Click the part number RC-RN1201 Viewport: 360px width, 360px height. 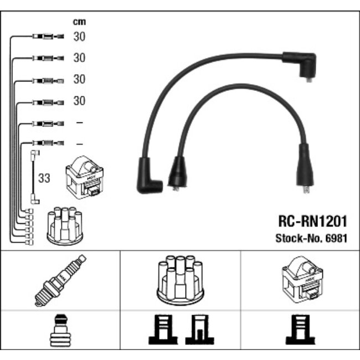tap(312, 221)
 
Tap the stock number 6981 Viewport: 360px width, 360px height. tap(336, 239)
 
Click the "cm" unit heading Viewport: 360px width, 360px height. tap(79, 22)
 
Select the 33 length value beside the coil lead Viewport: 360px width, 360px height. tap(44, 178)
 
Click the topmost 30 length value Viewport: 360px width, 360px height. tap(79, 37)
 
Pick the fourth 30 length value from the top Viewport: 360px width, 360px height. tap(79, 101)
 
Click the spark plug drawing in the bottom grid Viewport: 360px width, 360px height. tap(60, 280)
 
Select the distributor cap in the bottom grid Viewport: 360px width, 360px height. tap(181, 280)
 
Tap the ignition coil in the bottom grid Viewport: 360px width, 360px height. tap(302, 280)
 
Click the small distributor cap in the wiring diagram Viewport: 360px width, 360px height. tap(65, 226)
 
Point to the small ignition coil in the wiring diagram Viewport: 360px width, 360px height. tap(85, 177)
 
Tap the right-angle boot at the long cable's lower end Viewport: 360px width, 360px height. tap(149, 176)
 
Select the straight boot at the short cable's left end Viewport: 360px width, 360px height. tap(177, 173)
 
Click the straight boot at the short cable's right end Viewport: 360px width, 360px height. tap(305, 168)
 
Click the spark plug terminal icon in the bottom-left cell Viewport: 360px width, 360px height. tap(60, 330)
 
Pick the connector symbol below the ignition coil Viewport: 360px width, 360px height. tap(300, 330)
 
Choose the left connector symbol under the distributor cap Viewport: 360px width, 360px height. tap(163, 330)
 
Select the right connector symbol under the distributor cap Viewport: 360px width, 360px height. tap(200, 330)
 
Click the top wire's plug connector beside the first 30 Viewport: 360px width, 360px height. tap(48, 36)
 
